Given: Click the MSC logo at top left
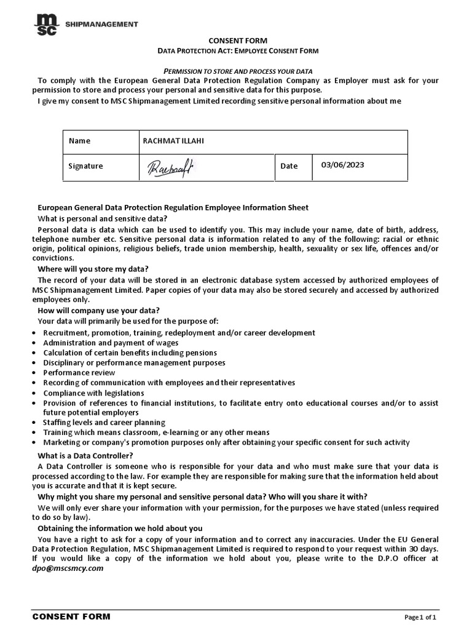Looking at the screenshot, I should (x=47, y=25).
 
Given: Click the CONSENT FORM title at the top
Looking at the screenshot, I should (x=236, y=41).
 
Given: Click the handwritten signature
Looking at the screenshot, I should (x=169, y=166).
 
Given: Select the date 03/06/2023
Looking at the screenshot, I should (x=342, y=165).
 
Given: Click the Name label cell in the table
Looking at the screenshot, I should (x=80, y=141).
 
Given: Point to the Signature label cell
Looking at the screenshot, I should (x=86, y=166).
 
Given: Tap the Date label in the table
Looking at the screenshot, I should (x=289, y=166).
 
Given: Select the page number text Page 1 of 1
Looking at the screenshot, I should (x=420, y=617).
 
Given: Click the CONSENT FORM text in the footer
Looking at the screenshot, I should (x=71, y=616).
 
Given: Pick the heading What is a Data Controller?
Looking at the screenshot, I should (x=85, y=455).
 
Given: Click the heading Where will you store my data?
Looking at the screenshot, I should (x=93, y=269).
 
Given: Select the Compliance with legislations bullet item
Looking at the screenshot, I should (x=93, y=393).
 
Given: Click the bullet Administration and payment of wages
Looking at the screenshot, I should (x=111, y=343).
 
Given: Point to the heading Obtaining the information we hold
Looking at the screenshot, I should (x=120, y=528).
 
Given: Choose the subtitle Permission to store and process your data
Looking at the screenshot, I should (x=236, y=71).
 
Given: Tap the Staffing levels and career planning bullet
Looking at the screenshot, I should (x=104, y=423).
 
